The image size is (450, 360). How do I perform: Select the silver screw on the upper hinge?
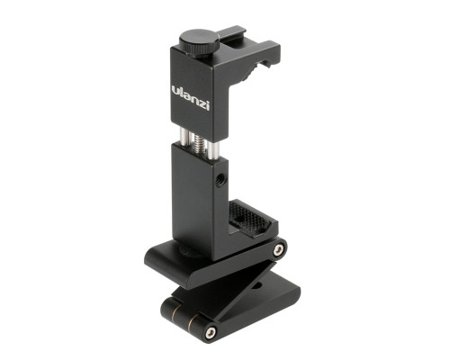coord(278,249)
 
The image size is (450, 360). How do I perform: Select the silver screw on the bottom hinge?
coord(211,332)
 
